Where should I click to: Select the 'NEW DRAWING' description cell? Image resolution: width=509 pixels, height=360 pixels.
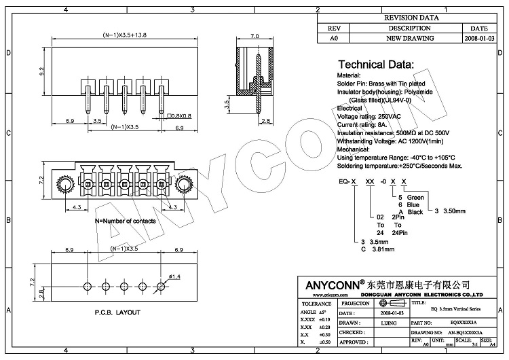(x=409, y=39)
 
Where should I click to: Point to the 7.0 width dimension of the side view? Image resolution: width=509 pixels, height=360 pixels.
(x=254, y=36)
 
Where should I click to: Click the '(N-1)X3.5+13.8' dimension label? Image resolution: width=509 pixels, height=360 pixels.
(x=124, y=35)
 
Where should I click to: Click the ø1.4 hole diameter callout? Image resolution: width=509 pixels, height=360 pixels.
(x=174, y=276)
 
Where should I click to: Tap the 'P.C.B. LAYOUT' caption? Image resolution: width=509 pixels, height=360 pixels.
(x=117, y=312)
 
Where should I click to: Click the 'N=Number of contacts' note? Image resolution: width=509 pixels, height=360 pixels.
(x=125, y=221)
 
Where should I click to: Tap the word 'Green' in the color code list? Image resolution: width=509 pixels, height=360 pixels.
(x=415, y=197)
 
